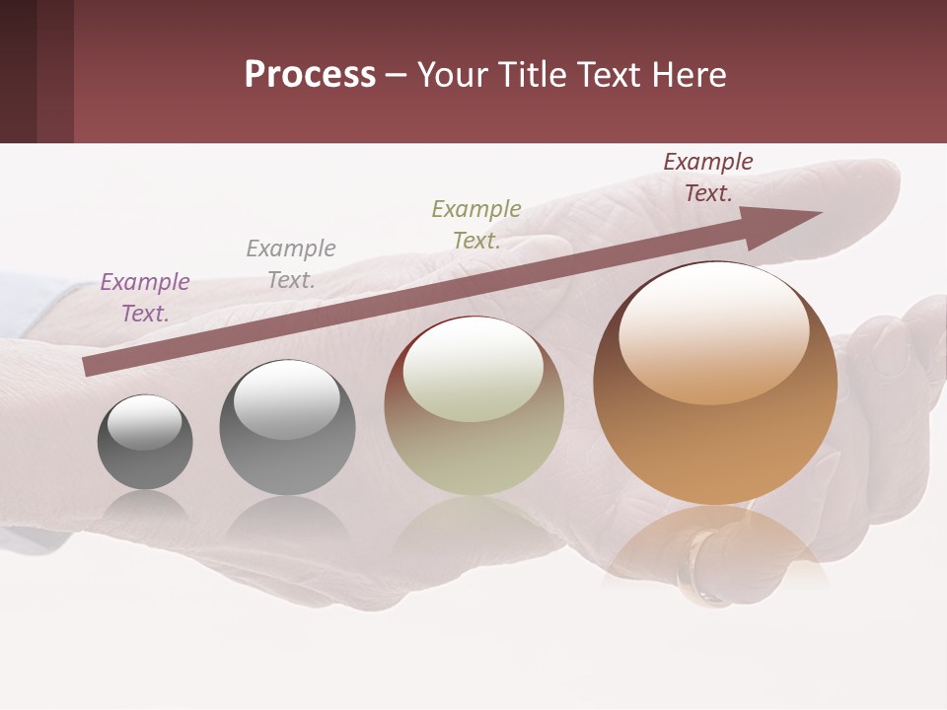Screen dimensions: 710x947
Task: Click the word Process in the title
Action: point(310,75)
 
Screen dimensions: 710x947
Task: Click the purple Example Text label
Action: point(145,298)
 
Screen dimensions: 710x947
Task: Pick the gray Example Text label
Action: point(291,264)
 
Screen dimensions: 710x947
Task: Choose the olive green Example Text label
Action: point(476,225)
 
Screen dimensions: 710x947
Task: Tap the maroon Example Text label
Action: point(708,177)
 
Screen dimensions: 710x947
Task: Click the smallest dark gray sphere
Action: point(145,443)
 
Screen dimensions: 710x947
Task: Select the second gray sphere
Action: point(287,428)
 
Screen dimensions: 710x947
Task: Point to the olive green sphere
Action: point(474,405)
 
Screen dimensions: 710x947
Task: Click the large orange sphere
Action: point(715,384)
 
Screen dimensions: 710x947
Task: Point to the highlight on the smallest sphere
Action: point(145,423)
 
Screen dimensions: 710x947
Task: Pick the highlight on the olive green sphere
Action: point(473,368)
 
